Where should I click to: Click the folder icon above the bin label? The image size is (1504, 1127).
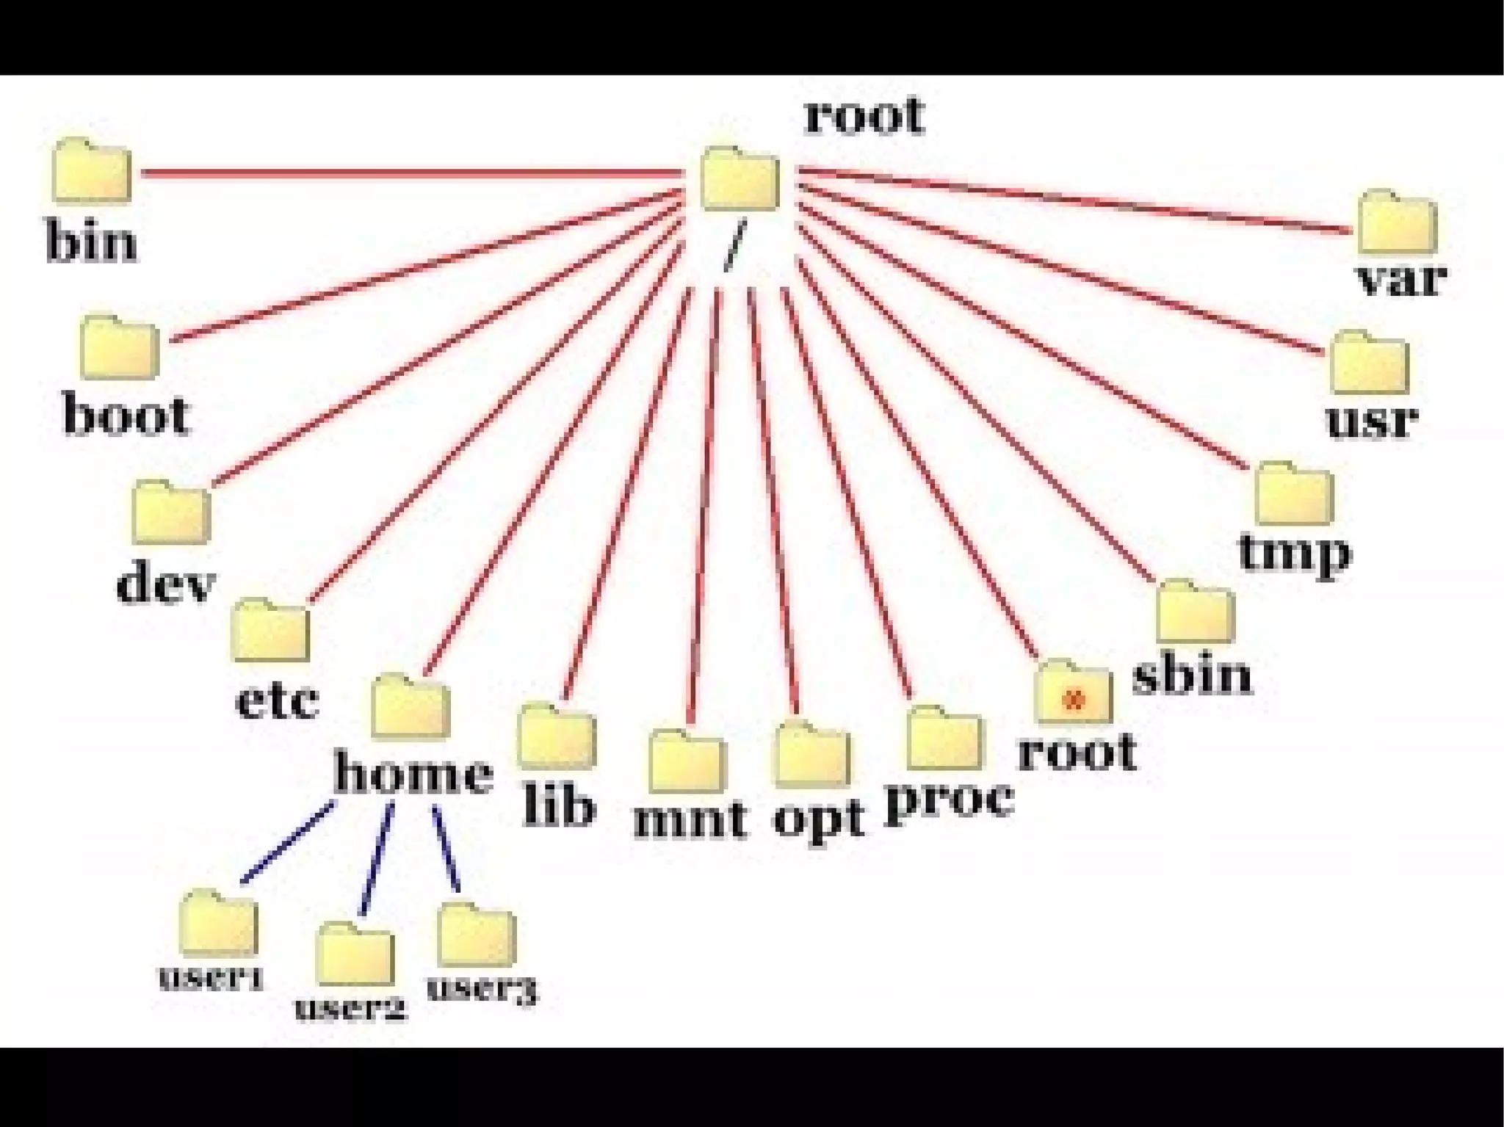coord(92,170)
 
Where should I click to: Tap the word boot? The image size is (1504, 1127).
coord(126,415)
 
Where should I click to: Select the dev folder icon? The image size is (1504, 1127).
coord(172,512)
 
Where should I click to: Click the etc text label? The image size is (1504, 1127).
coord(277,700)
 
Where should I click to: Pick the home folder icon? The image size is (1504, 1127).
coord(410,706)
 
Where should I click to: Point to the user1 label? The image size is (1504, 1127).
coord(211,978)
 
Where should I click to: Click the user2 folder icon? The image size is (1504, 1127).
coord(355,954)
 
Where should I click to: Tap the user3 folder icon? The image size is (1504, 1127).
coord(477,935)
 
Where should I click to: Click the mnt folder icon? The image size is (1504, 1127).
coord(687,761)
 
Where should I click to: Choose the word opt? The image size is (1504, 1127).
coord(818,820)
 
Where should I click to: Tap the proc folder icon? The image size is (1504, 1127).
coord(944,739)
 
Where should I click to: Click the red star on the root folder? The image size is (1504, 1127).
coord(1074,698)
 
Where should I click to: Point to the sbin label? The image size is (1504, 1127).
coord(1192,675)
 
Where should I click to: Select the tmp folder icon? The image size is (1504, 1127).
coord(1294,494)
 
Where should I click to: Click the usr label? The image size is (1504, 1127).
coord(1372,419)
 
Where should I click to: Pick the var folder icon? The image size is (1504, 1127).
coord(1398,222)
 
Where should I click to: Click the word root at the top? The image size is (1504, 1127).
coord(864,115)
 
